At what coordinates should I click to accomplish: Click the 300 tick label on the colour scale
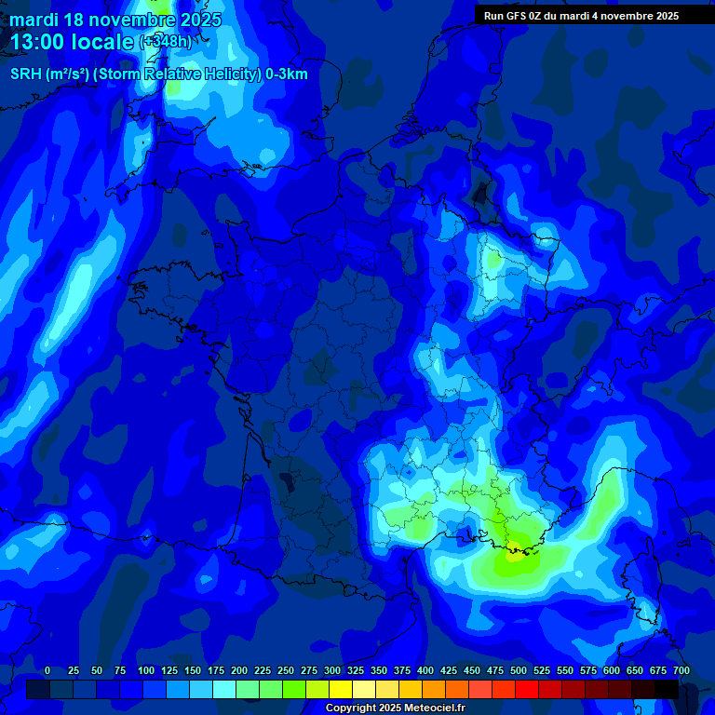tap(332, 670)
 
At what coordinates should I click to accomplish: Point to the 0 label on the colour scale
tap(47, 670)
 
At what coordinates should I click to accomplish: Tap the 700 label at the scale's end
tap(681, 670)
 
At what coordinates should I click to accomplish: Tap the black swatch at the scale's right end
tap(667, 689)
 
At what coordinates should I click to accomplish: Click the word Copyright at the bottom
tap(353, 708)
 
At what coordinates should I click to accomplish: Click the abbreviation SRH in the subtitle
tap(25, 74)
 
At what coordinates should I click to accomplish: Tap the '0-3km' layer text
tap(287, 74)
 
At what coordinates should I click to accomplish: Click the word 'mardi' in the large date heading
tap(34, 20)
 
